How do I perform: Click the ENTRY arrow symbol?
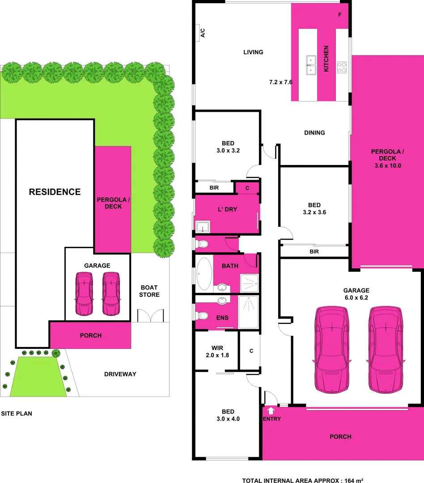(x=271, y=410)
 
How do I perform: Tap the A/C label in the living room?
(x=202, y=33)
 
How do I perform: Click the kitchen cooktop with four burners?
(x=342, y=67)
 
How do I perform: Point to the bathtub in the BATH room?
(x=205, y=273)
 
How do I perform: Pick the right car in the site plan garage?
(x=111, y=293)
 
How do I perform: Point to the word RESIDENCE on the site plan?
(x=55, y=192)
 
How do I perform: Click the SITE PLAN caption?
(x=16, y=414)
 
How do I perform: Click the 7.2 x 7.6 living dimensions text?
(x=280, y=82)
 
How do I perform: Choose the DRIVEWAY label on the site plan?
(x=120, y=374)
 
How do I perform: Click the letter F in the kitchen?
(x=340, y=15)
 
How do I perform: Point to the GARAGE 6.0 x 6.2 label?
(x=356, y=293)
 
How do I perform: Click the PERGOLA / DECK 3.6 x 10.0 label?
(x=387, y=158)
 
